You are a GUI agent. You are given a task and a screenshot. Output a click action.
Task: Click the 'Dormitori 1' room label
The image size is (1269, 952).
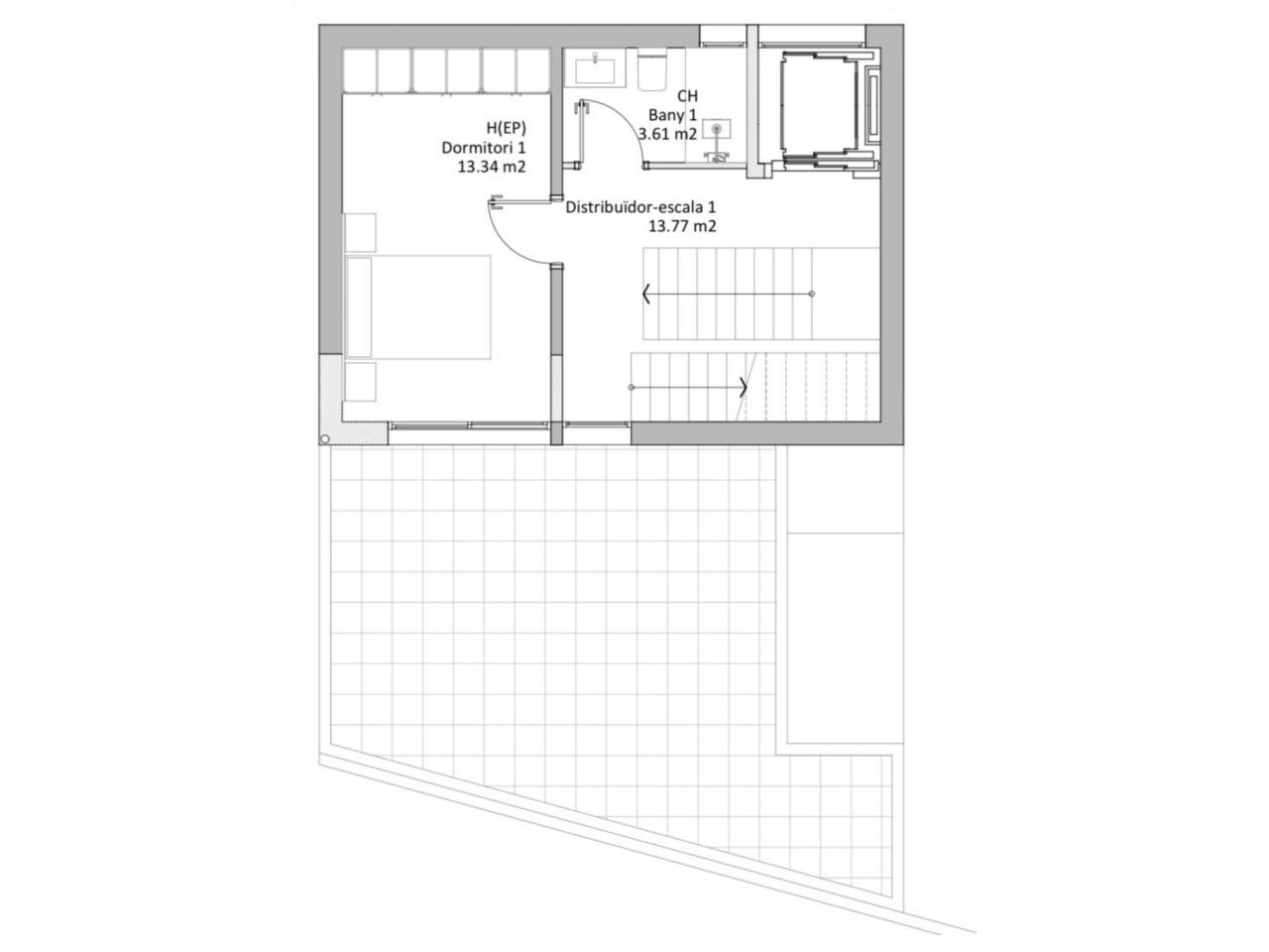click(484, 148)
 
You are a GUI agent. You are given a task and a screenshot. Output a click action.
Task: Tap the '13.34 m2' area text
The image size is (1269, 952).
click(492, 167)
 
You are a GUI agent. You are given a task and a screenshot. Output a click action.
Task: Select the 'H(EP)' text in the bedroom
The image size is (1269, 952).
click(507, 128)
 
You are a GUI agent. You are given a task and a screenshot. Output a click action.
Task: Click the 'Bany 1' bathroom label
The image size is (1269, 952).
click(672, 116)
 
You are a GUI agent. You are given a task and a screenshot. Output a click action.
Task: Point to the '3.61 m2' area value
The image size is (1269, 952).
click(667, 134)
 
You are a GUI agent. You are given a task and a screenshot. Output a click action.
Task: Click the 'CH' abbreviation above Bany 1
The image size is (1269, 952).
click(687, 96)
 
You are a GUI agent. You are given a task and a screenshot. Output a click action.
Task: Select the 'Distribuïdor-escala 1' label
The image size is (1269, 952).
click(640, 207)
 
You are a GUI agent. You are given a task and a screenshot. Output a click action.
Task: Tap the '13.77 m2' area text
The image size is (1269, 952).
click(682, 226)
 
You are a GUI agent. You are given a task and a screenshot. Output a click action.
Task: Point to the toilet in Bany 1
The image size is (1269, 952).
click(652, 69)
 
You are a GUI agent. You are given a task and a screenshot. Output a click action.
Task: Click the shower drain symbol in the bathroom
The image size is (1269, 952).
click(717, 128)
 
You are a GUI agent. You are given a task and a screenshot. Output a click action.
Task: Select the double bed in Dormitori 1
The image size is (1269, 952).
click(418, 307)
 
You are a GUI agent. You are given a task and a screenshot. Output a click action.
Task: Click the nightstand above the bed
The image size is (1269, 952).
click(360, 232)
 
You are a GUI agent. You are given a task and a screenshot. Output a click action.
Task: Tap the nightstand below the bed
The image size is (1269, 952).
click(360, 382)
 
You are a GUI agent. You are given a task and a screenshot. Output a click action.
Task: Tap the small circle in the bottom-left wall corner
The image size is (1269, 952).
click(325, 439)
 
